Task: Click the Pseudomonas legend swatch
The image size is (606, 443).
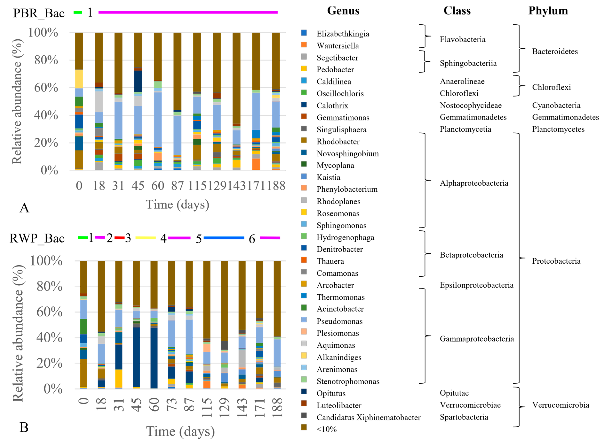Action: point(304,320)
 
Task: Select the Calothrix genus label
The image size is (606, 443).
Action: point(332,106)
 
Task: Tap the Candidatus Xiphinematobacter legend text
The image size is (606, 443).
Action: point(368,418)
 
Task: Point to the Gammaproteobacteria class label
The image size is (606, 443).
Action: point(477,339)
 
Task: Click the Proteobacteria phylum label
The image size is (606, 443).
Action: point(556,261)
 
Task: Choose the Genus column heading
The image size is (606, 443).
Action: point(343,11)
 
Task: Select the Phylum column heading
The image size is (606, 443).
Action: point(548,11)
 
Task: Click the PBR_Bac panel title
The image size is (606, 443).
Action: point(39,13)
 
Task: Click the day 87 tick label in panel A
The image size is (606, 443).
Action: point(177,186)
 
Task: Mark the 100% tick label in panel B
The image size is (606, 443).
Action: point(46,261)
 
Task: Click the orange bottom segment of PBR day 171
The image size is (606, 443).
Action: point(256,164)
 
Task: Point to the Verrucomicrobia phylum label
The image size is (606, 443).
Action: point(561,405)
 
